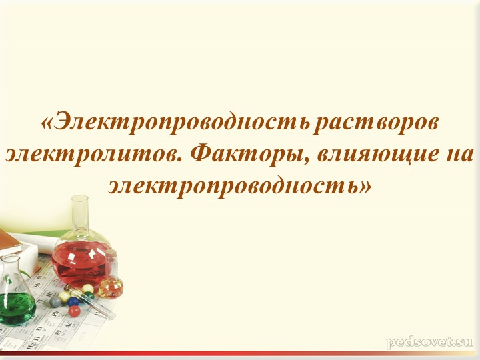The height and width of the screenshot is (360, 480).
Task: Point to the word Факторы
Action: pos(245,155)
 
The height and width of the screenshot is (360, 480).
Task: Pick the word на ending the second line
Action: pos(456,155)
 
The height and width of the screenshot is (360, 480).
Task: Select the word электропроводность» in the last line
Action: pos(239,185)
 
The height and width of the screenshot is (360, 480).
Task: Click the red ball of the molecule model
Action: pos(75,311)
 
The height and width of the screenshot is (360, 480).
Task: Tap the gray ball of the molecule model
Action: pos(56,301)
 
